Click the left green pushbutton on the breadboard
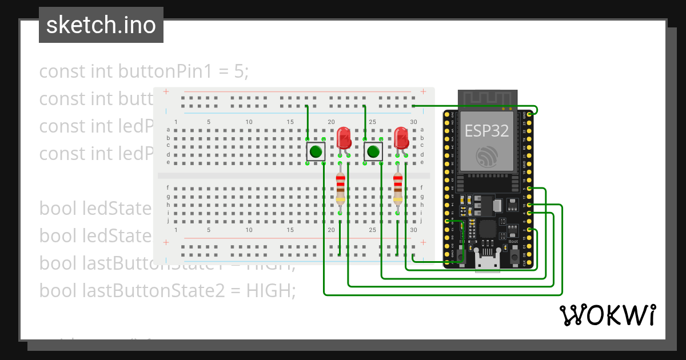[x=316, y=151]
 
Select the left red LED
[x=344, y=138]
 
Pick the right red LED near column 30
[x=401, y=138]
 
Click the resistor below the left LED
[x=341, y=189]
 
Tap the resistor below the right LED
[x=398, y=189]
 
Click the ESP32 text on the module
[x=486, y=131]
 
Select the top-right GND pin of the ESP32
[x=530, y=115]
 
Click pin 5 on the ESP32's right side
[x=530, y=189]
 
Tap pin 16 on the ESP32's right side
[x=530, y=205]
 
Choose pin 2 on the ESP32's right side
[x=530, y=230]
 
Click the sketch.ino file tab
[x=101, y=25]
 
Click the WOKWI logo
[x=607, y=315]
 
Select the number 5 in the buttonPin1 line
[x=241, y=71]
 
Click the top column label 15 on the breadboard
[x=290, y=122]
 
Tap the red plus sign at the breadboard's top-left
[x=166, y=91]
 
